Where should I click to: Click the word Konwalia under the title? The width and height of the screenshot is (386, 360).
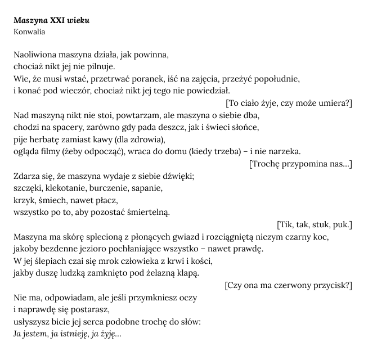(x=29, y=31)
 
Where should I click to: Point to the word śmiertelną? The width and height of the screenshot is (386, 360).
(x=143, y=212)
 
